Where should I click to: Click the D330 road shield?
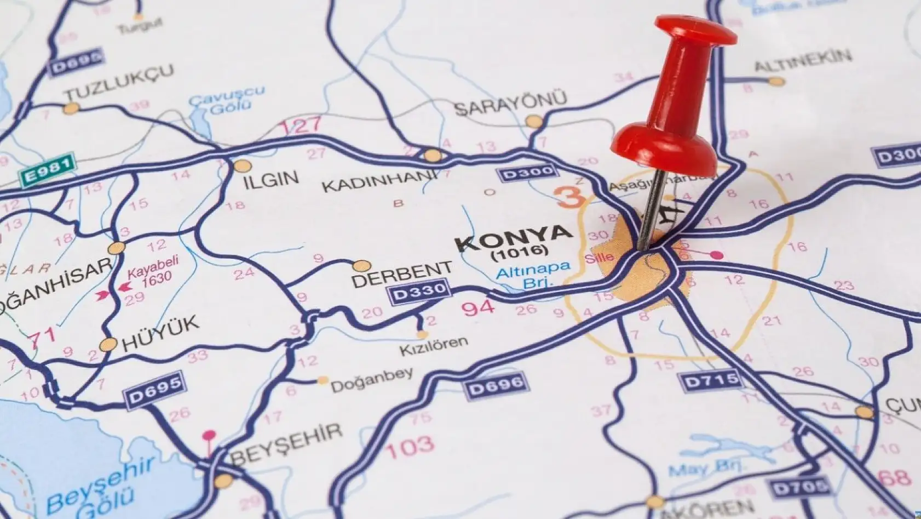point(419,292)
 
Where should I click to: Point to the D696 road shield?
point(497,385)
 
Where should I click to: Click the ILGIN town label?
point(272,179)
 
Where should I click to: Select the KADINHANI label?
point(380,182)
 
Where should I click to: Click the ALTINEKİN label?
point(803,60)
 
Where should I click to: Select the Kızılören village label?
point(433,345)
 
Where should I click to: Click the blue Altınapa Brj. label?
point(532,273)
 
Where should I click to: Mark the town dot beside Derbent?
point(361,266)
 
